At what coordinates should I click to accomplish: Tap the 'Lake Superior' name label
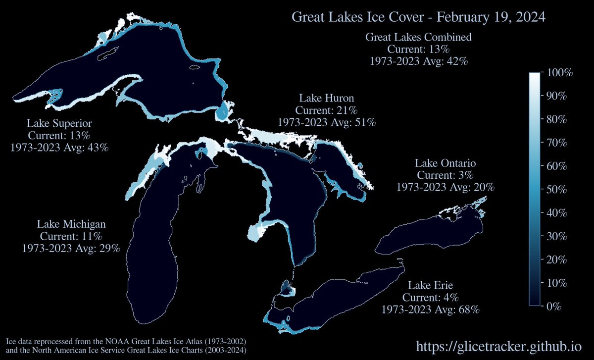59,123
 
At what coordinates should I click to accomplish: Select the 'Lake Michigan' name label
71,224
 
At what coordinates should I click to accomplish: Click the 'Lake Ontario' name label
445,163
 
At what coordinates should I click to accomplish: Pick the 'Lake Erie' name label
431,285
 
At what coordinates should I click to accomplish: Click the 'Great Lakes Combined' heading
418,37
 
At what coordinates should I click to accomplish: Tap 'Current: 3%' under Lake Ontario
445,175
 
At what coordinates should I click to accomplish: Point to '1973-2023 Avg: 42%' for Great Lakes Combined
418,61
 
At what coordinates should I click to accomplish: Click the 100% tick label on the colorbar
558,73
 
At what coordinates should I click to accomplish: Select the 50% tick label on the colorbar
556,189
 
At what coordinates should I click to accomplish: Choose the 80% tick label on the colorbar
556,119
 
